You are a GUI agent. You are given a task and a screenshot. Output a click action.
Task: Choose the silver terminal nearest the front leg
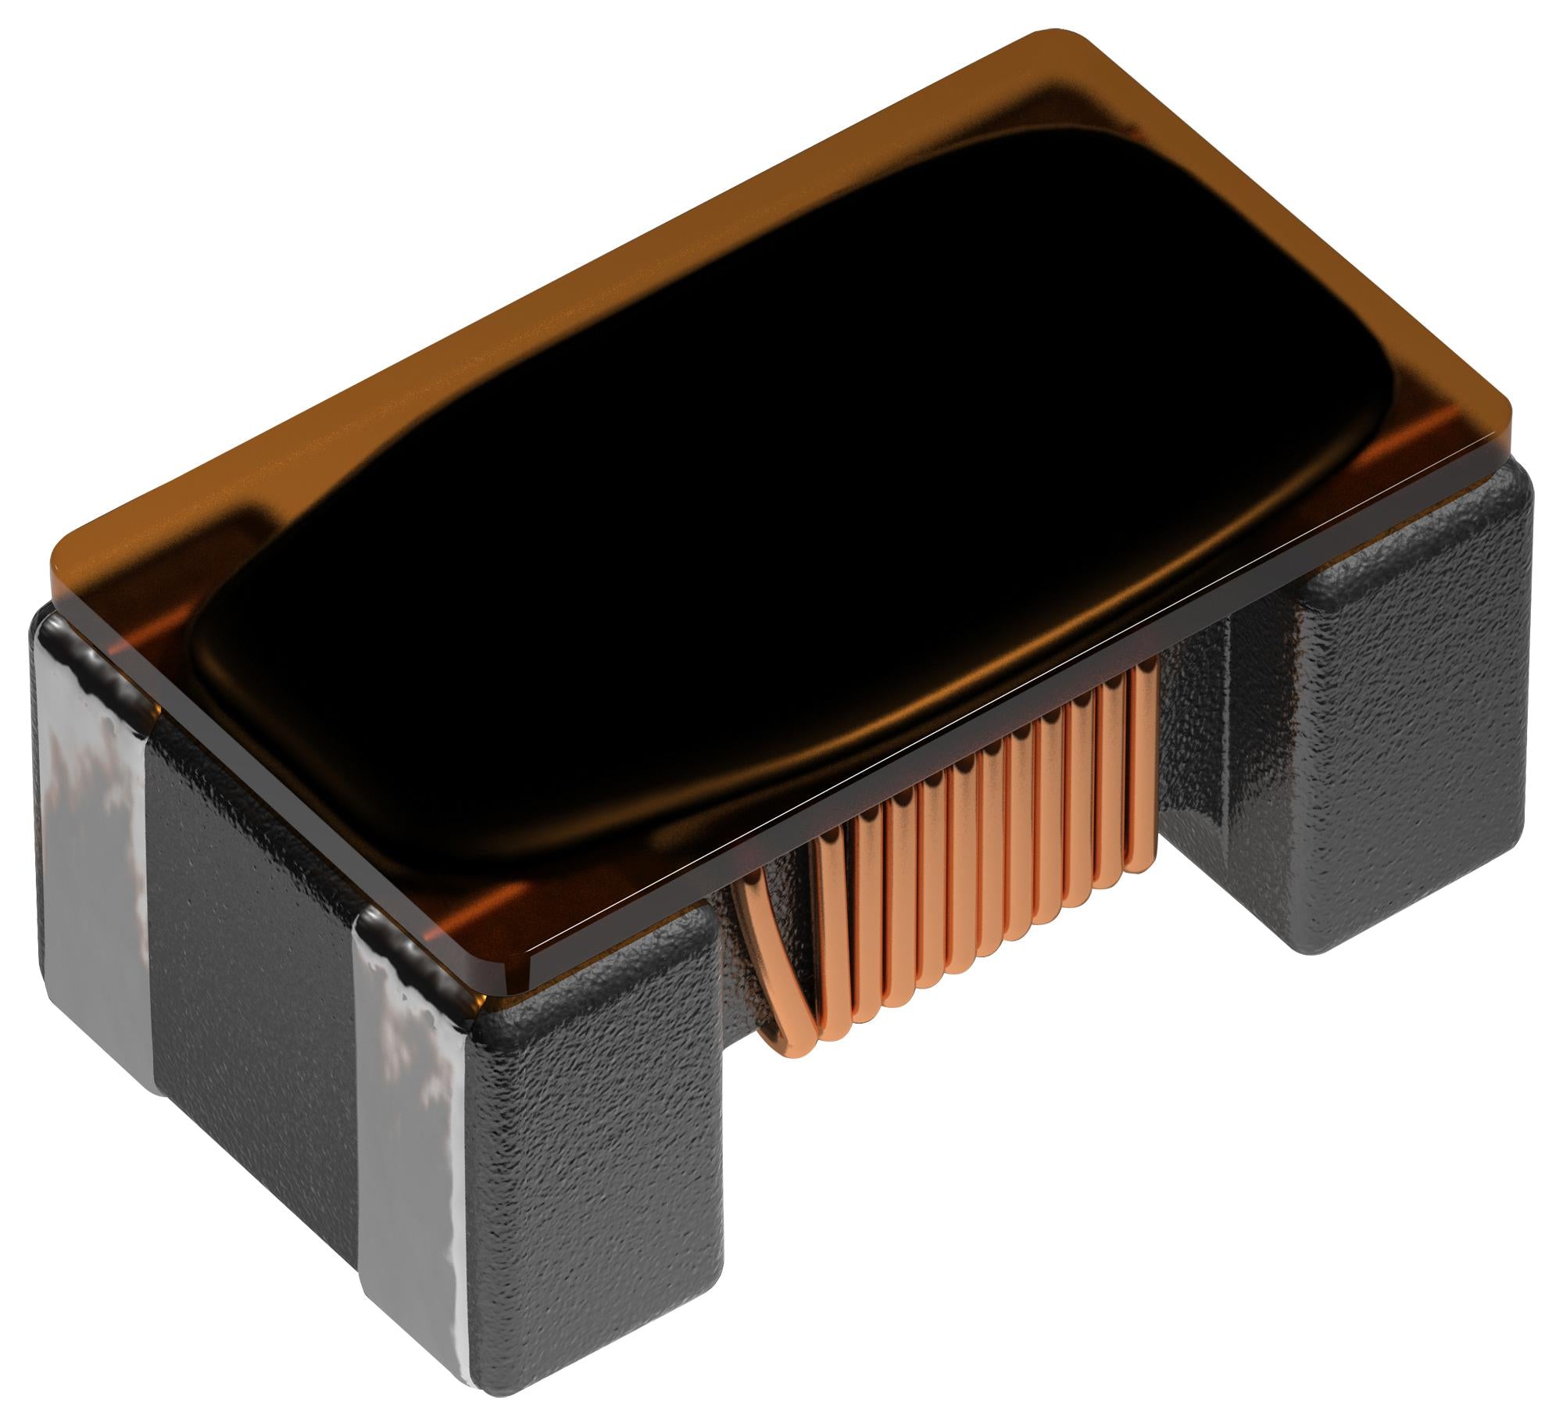click(410, 1156)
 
